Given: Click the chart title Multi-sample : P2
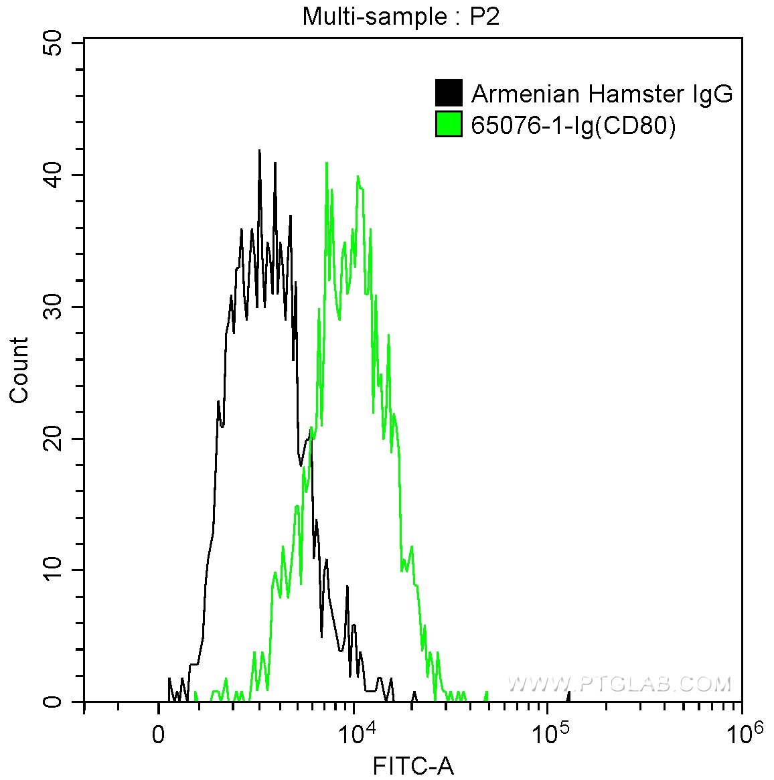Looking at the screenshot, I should (x=400, y=16).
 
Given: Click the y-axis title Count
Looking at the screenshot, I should (x=19, y=370).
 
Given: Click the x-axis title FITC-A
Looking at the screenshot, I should (x=413, y=765).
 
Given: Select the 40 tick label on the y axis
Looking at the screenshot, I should (x=52, y=175).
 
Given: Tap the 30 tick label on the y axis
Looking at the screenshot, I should (x=52, y=307).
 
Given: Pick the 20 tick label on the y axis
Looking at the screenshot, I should (x=52, y=439).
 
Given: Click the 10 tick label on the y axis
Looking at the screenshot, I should (x=52, y=570).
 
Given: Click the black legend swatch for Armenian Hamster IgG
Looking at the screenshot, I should (x=449, y=93).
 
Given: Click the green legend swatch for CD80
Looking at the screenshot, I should (x=449, y=125).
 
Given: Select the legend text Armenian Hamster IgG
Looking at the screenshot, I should (x=602, y=94).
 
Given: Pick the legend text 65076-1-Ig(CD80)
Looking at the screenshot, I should (x=573, y=125).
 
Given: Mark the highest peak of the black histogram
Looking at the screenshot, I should (x=259, y=151).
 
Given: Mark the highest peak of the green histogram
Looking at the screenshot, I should (x=326, y=163).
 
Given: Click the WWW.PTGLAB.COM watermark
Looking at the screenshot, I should (x=619, y=684).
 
